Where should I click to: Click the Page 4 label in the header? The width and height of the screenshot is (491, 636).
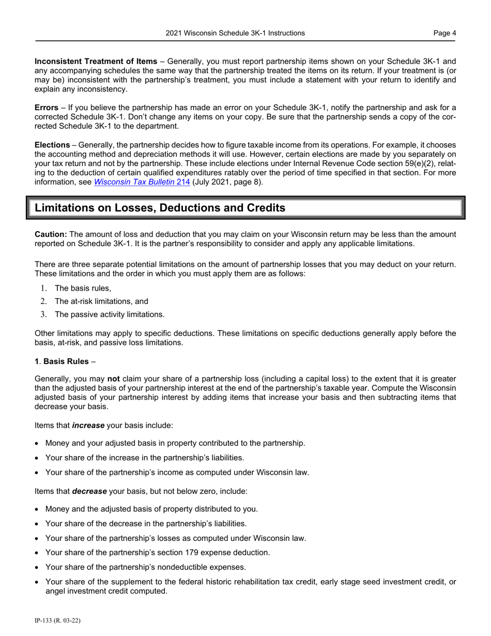point(444,33)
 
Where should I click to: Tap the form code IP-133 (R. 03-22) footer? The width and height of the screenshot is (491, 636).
point(57,620)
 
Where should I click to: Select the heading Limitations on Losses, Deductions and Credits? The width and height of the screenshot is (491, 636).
point(160,208)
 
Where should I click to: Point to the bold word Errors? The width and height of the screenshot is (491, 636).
point(46,108)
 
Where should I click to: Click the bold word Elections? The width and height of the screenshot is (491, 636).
point(52,145)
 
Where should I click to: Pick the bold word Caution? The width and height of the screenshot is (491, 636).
point(51,234)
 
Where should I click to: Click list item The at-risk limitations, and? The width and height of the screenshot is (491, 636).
point(101,301)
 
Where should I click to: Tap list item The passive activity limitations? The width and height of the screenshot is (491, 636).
point(110,314)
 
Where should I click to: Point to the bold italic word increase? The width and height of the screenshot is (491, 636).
point(88,425)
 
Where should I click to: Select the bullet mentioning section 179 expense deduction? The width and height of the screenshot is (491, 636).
point(157,552)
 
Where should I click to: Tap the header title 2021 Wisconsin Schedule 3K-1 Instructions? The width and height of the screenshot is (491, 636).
point(235,33)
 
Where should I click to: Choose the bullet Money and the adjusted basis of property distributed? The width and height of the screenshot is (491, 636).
point(151,509)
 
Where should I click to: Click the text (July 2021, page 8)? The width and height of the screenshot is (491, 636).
point(227,182)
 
